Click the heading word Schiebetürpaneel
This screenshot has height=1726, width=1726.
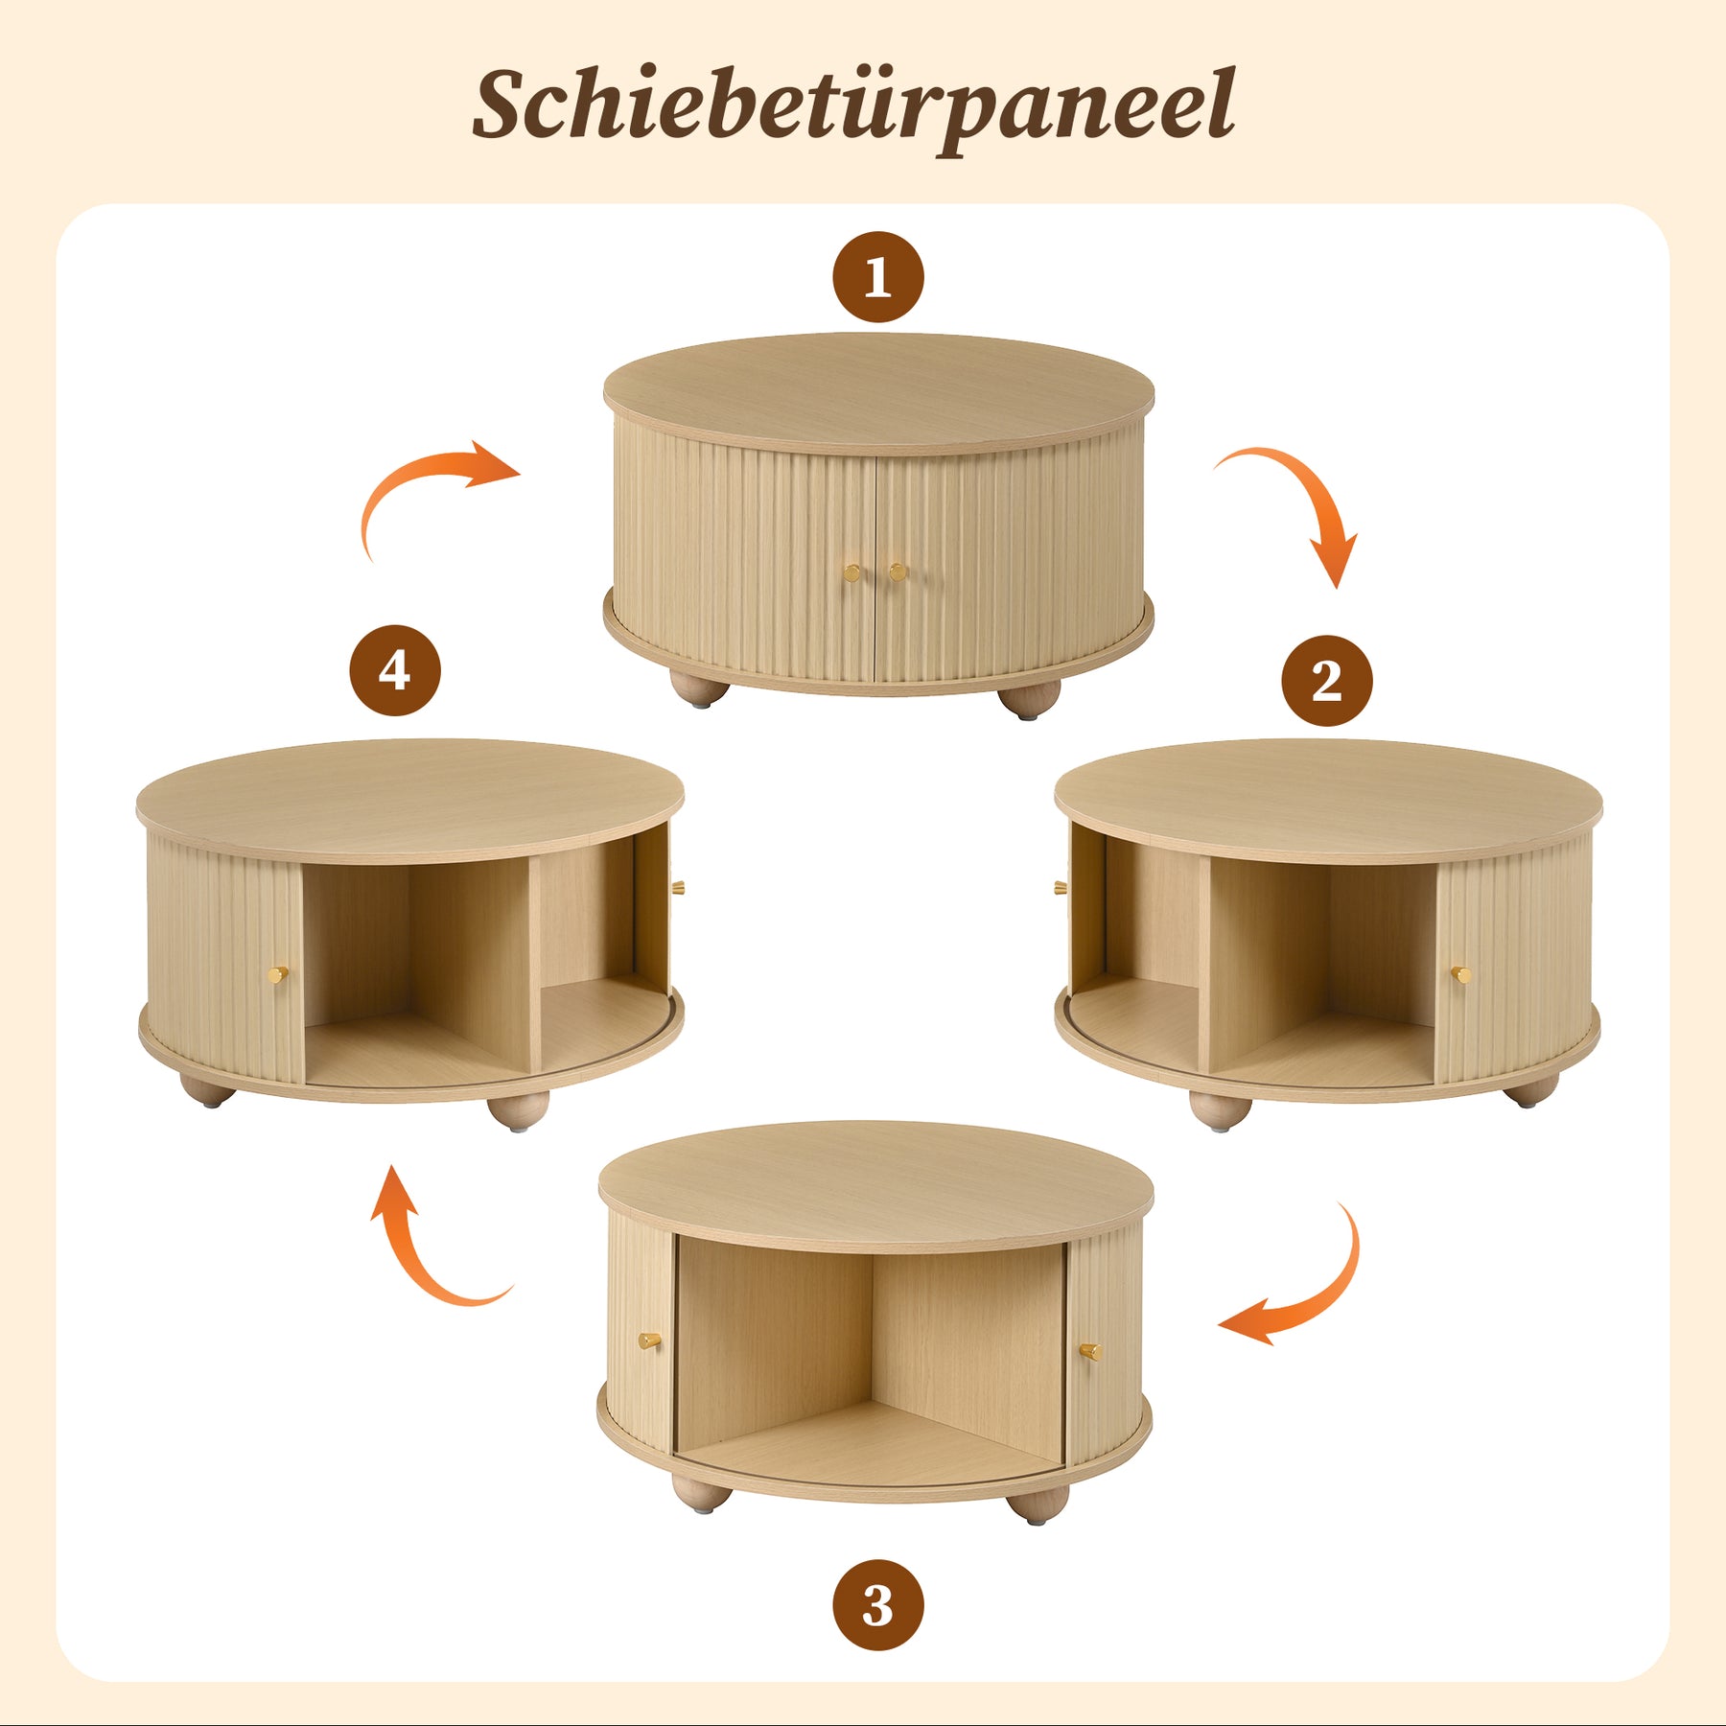pos(853,107)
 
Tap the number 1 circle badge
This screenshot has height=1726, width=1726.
pos(878,277)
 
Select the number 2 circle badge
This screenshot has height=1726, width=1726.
pos(1327,680)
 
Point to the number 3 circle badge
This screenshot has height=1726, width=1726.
pos(878,1604)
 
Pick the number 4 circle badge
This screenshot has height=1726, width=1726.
pos(395,670)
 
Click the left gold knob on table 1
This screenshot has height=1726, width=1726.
pos(851,573)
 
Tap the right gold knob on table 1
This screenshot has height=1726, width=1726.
pos(898,572)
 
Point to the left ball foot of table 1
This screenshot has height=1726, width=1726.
pos(699,688)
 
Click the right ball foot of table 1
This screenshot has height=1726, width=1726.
pos(1030,699)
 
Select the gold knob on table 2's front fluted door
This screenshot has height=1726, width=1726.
pos(1460,974)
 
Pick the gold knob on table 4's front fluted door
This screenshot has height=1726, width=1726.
pos(278,974)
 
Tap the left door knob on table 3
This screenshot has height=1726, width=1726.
pos(649,1340)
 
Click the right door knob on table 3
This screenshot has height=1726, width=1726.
pos(1090,1351)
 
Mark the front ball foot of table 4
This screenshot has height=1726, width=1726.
pos(518,1110)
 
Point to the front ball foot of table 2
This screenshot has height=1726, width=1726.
pos(1221,1110)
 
